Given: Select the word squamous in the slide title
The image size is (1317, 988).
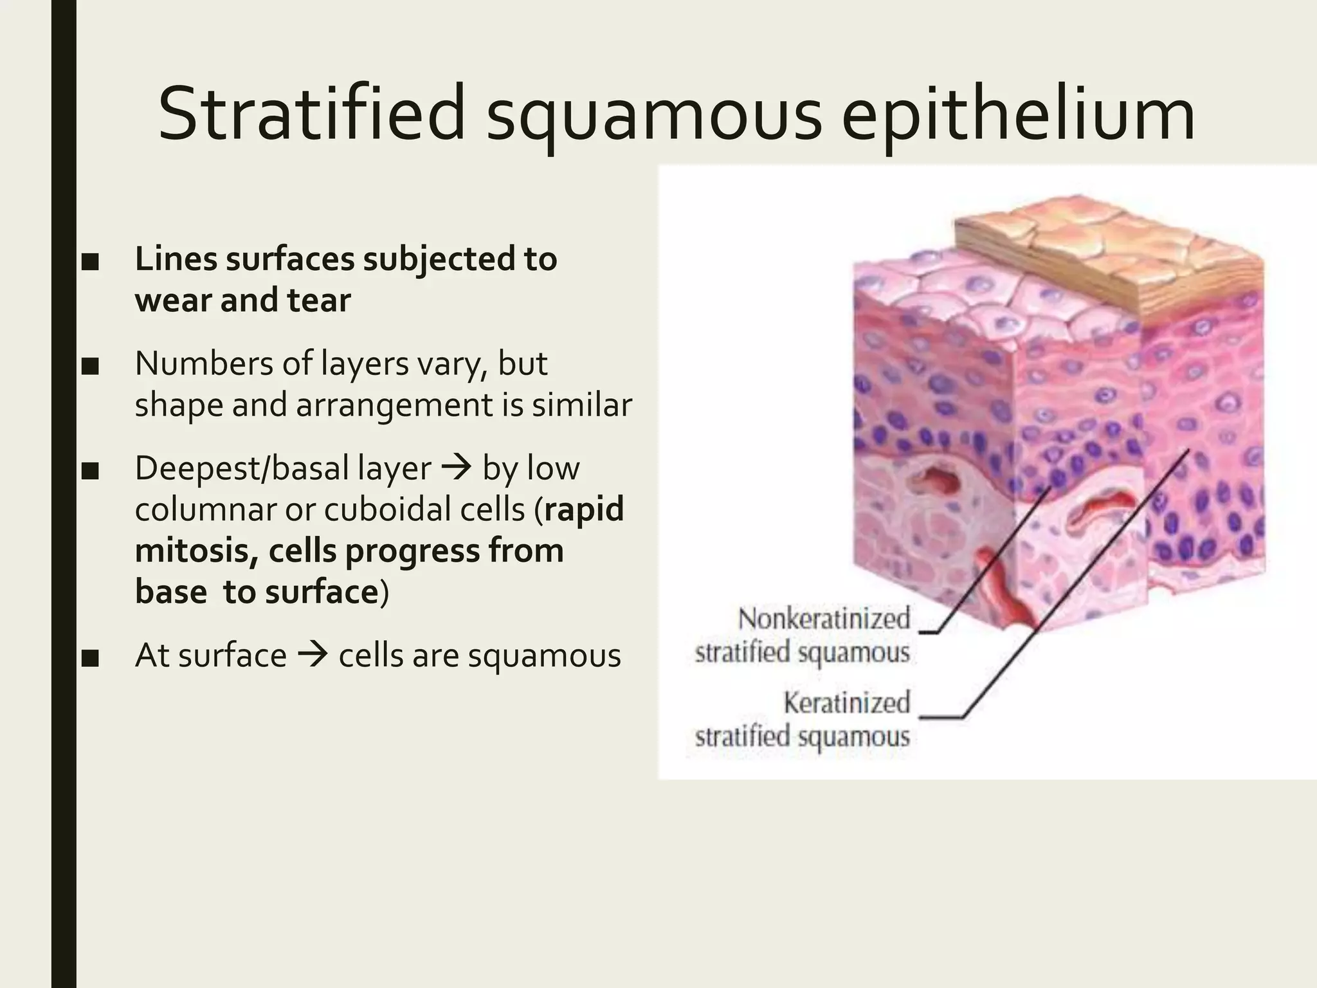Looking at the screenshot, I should [654, 119].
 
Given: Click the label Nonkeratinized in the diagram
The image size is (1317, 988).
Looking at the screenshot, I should [824, 619].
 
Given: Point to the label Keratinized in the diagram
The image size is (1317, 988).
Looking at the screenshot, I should [846, 702].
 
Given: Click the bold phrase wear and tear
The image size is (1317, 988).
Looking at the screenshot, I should [243, 300].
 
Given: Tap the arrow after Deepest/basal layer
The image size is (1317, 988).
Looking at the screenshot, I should [457, 468].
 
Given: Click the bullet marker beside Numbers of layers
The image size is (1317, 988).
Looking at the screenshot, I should [90, 367].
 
